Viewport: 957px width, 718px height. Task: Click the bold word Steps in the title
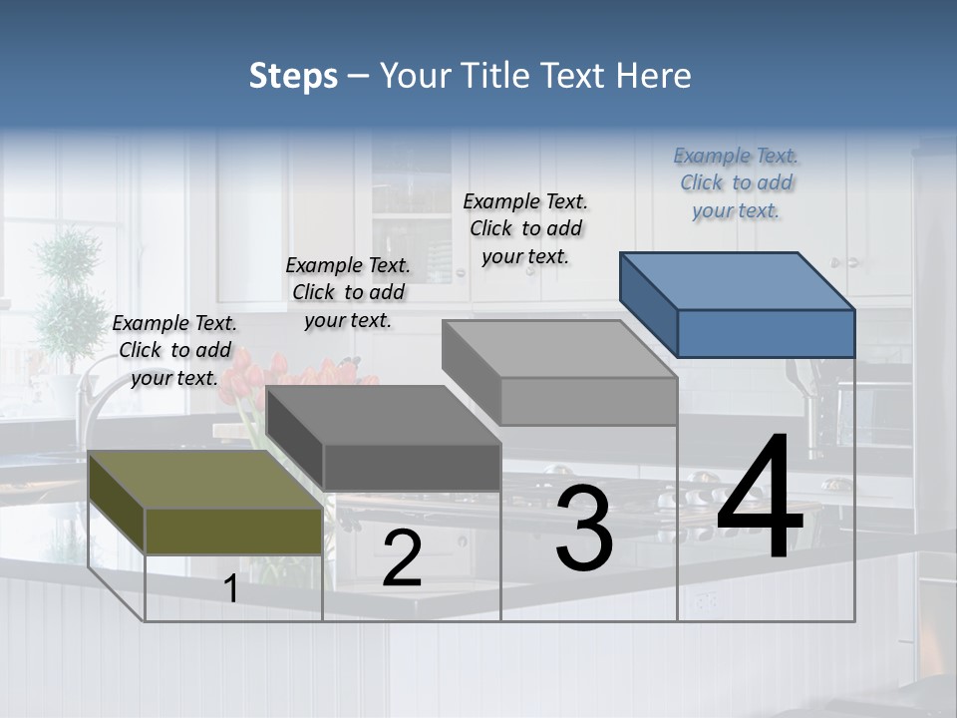coord(293,76)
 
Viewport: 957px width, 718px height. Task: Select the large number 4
coord(760,499)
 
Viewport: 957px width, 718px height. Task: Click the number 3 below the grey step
coord(584,528)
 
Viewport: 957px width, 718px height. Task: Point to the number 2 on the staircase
coord(402,558)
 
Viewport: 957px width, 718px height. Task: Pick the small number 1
coord(231,589)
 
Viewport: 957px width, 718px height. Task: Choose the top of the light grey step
coord(558,348)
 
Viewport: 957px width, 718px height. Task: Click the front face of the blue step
coord(766,333)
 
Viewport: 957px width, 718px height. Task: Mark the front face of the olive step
coord(234,531)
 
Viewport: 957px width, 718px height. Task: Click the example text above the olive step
coord(174,350)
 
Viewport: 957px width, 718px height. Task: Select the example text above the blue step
coord(737,182)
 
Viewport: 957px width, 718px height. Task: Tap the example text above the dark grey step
coord(348,292)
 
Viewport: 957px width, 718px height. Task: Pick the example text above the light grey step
coord(525,228)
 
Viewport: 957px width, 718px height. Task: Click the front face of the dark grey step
coord(412,467)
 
